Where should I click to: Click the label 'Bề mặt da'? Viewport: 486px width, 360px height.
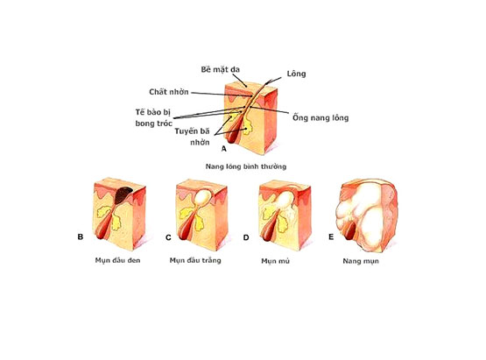(221, 69)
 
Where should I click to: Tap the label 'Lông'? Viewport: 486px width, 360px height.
(296, 74)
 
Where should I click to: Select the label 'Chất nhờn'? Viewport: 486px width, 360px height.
(169, 92)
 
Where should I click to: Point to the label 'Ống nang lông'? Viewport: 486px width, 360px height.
(320, 117)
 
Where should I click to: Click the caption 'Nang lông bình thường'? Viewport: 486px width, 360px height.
(246, 166)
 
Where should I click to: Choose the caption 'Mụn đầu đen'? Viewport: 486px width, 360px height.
(117, 260)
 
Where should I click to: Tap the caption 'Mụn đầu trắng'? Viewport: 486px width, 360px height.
(195, 260)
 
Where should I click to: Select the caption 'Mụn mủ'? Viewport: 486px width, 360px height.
(275, 261)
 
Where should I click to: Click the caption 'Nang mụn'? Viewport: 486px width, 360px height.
(361, 261)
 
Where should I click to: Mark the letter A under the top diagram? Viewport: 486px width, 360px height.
(224, 149)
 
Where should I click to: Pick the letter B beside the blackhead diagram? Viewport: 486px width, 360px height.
(81, 236)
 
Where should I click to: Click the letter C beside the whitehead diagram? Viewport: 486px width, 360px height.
(168, 237)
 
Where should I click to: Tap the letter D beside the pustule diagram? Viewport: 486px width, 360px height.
(246, 237)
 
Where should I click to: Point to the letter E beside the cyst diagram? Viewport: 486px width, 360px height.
(331, 236)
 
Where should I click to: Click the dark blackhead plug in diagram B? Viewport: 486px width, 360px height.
(123, 194)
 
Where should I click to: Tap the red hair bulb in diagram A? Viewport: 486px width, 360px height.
(232, 135)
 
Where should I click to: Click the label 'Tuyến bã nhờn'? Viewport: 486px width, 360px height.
(192, 137)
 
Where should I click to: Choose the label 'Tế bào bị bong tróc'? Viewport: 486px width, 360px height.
(153, 117)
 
